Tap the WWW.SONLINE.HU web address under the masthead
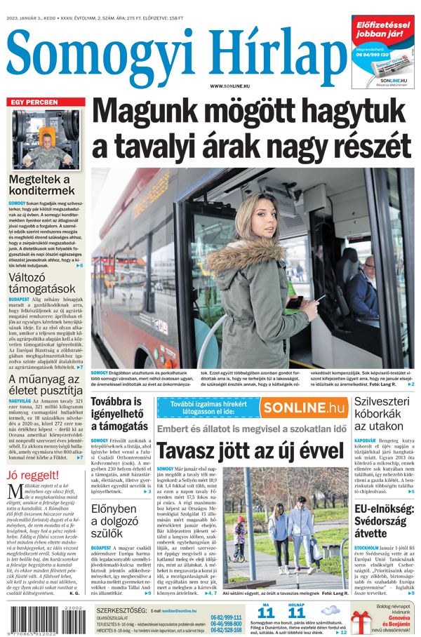point(230,86)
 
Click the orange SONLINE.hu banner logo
point(304,408)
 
